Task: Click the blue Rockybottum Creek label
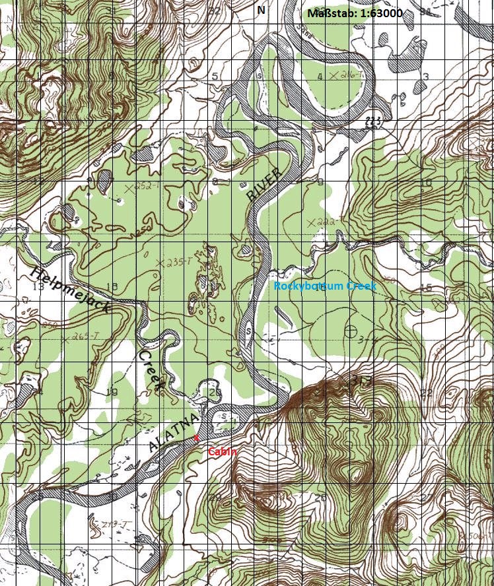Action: pyautogui.click(x=326, y=286)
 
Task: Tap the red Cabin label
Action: pyautogui.click(x=222, y=452)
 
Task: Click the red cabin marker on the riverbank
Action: pyautogui.click(x=196, y=438)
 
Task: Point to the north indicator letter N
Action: pyautogui.click(x=261, y=10)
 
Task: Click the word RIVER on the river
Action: pyautogui.click(x=264, y=184)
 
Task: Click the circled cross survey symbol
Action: pyautogui.click(x=351, y=330)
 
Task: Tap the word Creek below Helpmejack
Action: pyautogui.click(x=151, y=369)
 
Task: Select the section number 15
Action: pyautogui.click(x=426, y=287)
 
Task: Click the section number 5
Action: pyautogui.click(x=215, y=77)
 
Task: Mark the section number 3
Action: pyautogui.click(x=426, y=77)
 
